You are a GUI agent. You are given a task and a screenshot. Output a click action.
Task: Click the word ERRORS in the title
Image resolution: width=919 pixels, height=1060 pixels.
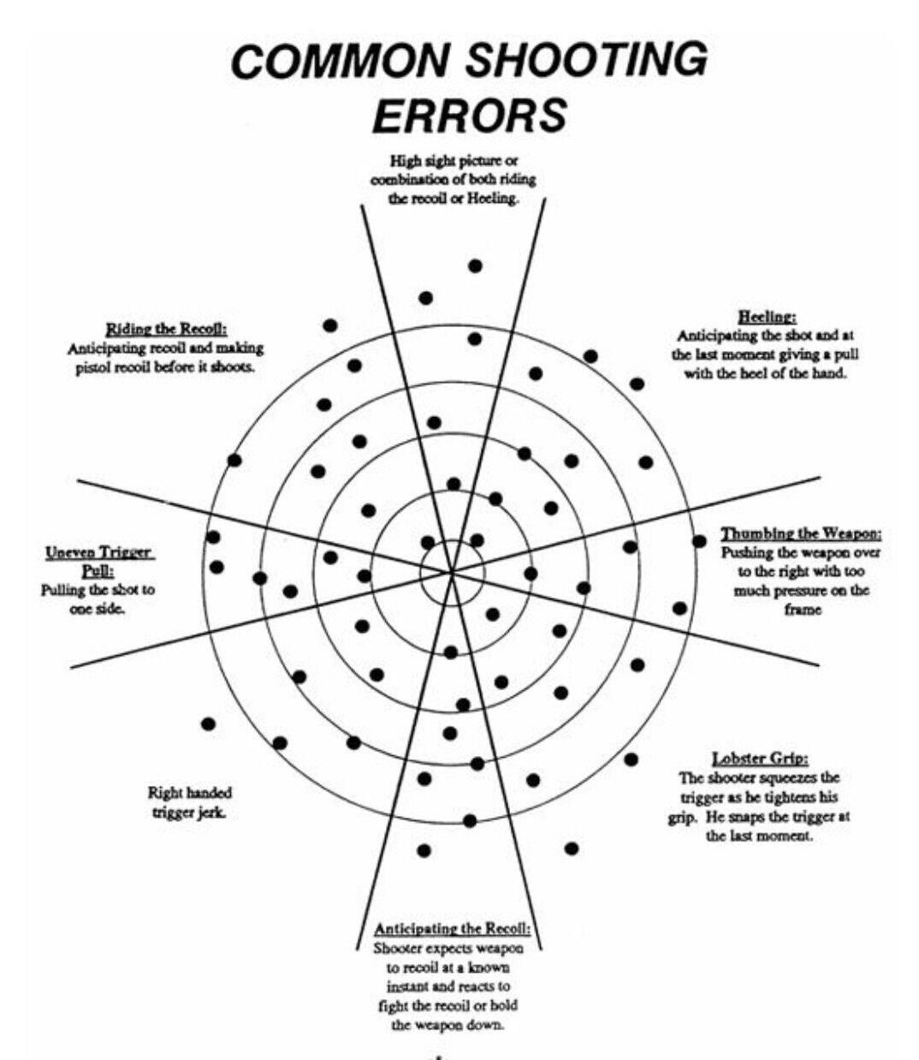(470, 116)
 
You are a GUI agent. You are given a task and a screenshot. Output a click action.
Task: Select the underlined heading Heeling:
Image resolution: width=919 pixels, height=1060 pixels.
(767, 316)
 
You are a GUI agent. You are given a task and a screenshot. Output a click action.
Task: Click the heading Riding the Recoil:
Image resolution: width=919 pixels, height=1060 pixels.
(166, 329)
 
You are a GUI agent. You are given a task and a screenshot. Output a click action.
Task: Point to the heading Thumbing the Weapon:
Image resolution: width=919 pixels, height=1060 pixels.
(801, 533)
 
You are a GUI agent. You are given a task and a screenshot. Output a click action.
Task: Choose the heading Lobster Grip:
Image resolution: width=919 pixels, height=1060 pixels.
(760, 759)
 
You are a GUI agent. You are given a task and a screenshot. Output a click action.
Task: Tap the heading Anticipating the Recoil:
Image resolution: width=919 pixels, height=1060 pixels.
(452, 928)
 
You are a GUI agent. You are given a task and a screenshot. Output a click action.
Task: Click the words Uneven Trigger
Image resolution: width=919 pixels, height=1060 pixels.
(100, 553)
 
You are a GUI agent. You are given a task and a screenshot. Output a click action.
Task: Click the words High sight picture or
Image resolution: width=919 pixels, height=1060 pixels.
(454, 161)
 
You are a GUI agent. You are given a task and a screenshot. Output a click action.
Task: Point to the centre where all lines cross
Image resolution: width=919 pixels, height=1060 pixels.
(452, 573)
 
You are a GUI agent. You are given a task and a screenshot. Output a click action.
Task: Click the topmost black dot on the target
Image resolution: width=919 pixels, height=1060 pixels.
(475, 265)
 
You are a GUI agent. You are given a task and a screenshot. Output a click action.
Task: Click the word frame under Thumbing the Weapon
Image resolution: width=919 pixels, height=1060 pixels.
(803, 610)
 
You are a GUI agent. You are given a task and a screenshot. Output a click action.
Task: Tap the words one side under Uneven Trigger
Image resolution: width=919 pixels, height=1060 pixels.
(97, 609)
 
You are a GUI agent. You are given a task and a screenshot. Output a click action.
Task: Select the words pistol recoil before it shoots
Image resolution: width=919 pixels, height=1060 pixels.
(165, 367)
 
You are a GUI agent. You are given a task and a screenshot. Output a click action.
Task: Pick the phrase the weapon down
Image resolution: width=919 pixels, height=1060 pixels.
(447, 1024)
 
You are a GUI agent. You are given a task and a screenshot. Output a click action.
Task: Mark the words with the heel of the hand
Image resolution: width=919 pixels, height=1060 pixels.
(765, 373)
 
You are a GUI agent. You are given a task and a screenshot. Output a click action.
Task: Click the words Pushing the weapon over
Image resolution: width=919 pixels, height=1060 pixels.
(800, 552)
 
